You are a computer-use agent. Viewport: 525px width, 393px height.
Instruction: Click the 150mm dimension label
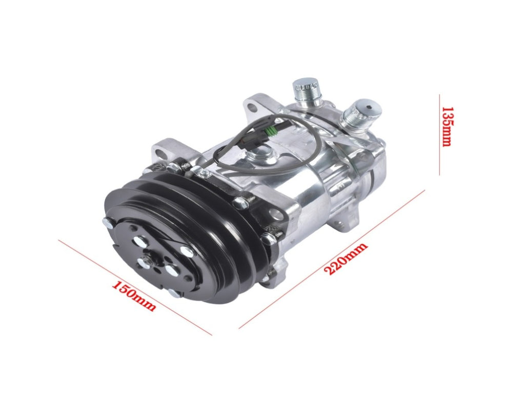coord(133,296)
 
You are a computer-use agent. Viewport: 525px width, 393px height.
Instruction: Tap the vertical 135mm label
coord(447,126)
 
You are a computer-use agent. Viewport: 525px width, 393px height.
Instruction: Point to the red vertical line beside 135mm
coord(439,135)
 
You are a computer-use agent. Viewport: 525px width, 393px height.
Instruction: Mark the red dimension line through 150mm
coord(135,287)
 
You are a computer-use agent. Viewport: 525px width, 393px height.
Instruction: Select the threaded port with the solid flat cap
coord(306,92)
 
